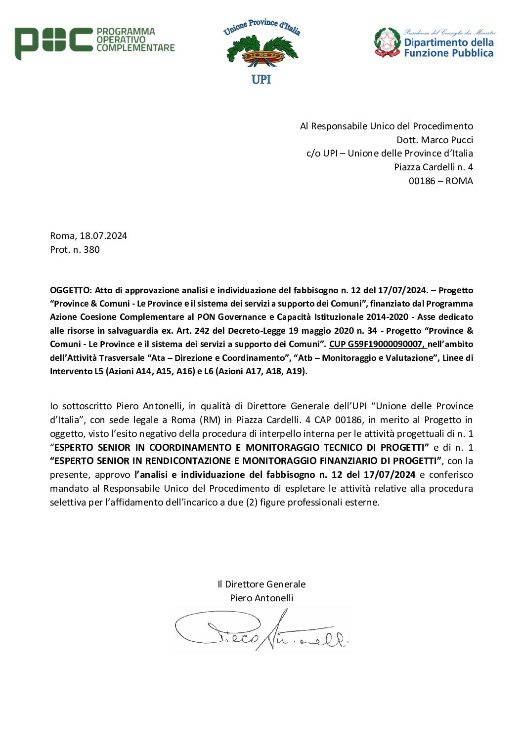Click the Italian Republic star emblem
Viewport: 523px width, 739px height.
tap(387, 42)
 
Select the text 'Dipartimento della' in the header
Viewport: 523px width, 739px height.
tap(448, 42)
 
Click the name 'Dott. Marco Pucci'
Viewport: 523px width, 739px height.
tap(435, 140)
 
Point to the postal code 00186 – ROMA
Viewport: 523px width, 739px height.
tap(440, 181)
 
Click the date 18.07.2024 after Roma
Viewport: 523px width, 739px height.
tap(103, 235)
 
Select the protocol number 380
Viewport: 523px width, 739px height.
tap(91, 249)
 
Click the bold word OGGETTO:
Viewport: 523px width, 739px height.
tap(71, 290)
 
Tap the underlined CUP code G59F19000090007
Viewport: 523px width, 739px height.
tap(376, 344)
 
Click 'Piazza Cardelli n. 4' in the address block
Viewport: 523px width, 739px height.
tap(433, 167)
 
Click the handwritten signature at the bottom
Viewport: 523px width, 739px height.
tap(261, 630)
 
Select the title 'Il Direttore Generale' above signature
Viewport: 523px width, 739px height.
tap(261, 584)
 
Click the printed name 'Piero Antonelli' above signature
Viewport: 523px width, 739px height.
tap(261, 598)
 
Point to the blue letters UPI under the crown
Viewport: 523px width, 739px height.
tap(261, 79)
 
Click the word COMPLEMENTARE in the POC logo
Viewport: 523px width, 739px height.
tap(135, 48)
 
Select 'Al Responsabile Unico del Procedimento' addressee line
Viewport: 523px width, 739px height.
tap(386, 126)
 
